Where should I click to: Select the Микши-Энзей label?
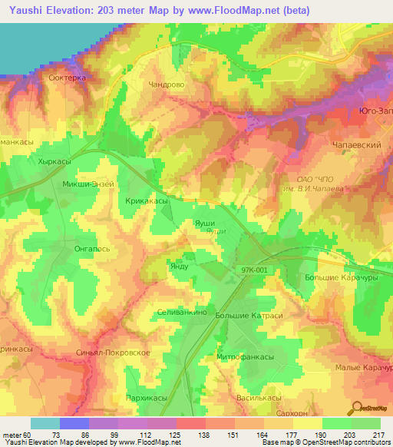[88, 184]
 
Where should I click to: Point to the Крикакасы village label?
[147, 200]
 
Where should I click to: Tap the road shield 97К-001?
[253, 271]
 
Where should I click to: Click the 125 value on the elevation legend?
[176, 434]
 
